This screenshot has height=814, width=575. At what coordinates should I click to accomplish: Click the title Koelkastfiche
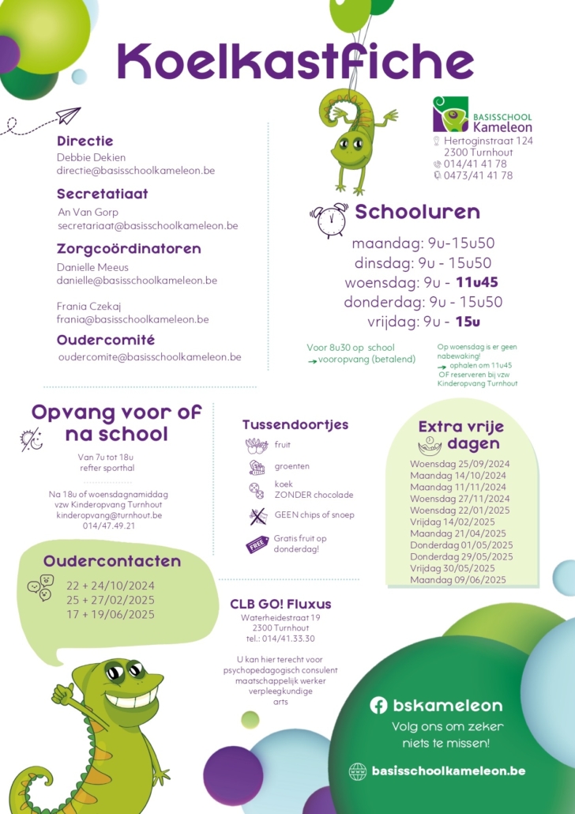(295, 61)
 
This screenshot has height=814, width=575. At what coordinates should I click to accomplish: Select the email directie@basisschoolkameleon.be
(136, 170)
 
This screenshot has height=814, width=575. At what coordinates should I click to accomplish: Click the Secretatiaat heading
(103, 194)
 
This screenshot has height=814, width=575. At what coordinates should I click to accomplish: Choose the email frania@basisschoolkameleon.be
(133, 319)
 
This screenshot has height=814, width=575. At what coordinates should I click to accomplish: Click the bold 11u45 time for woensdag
(477, 282)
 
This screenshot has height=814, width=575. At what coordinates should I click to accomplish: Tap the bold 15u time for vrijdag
(468, 322)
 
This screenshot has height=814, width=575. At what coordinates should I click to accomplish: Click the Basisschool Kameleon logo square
(450, 115)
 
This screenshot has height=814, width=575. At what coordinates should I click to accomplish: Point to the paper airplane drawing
(68, 117)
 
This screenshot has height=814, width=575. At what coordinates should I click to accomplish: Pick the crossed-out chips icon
(257, 516)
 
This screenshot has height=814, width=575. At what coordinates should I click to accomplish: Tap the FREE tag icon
(257, 545)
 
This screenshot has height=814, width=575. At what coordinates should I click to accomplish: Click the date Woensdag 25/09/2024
(460, 464)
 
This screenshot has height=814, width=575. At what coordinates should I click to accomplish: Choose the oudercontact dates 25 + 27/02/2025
(111, 599)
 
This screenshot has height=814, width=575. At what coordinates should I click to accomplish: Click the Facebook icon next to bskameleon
(379, 705)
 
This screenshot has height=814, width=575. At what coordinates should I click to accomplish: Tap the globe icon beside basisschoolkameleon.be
(358, 771)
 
